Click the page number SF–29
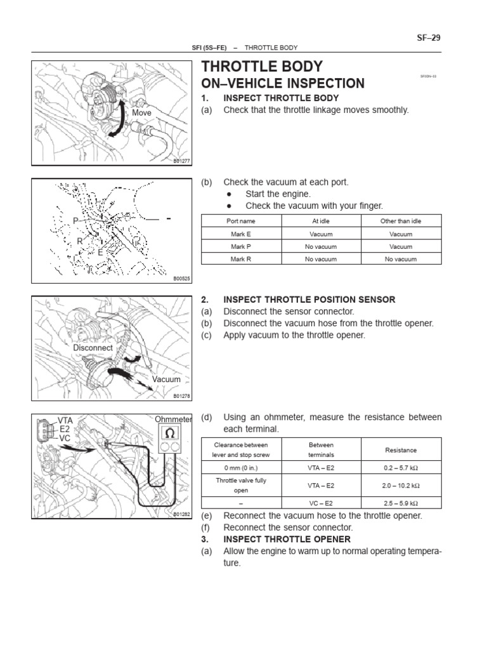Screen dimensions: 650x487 429,37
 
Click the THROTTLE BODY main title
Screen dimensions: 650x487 261,67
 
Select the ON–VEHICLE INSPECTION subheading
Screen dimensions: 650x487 282,84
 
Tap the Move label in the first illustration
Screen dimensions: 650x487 143,112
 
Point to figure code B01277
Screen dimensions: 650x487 181,162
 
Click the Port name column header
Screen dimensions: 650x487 241,221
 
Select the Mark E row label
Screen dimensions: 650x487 241,234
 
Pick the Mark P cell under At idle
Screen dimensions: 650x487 321,246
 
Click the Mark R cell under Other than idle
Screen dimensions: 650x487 401,259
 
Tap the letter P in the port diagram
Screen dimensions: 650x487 75,220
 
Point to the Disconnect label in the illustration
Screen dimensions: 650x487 93,348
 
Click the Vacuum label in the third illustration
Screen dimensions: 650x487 166,379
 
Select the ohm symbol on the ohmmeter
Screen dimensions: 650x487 170,433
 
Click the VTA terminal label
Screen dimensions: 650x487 66,420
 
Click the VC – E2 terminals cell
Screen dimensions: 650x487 321,503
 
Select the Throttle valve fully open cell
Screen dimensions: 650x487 241,486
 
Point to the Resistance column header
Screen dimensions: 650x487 401,449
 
